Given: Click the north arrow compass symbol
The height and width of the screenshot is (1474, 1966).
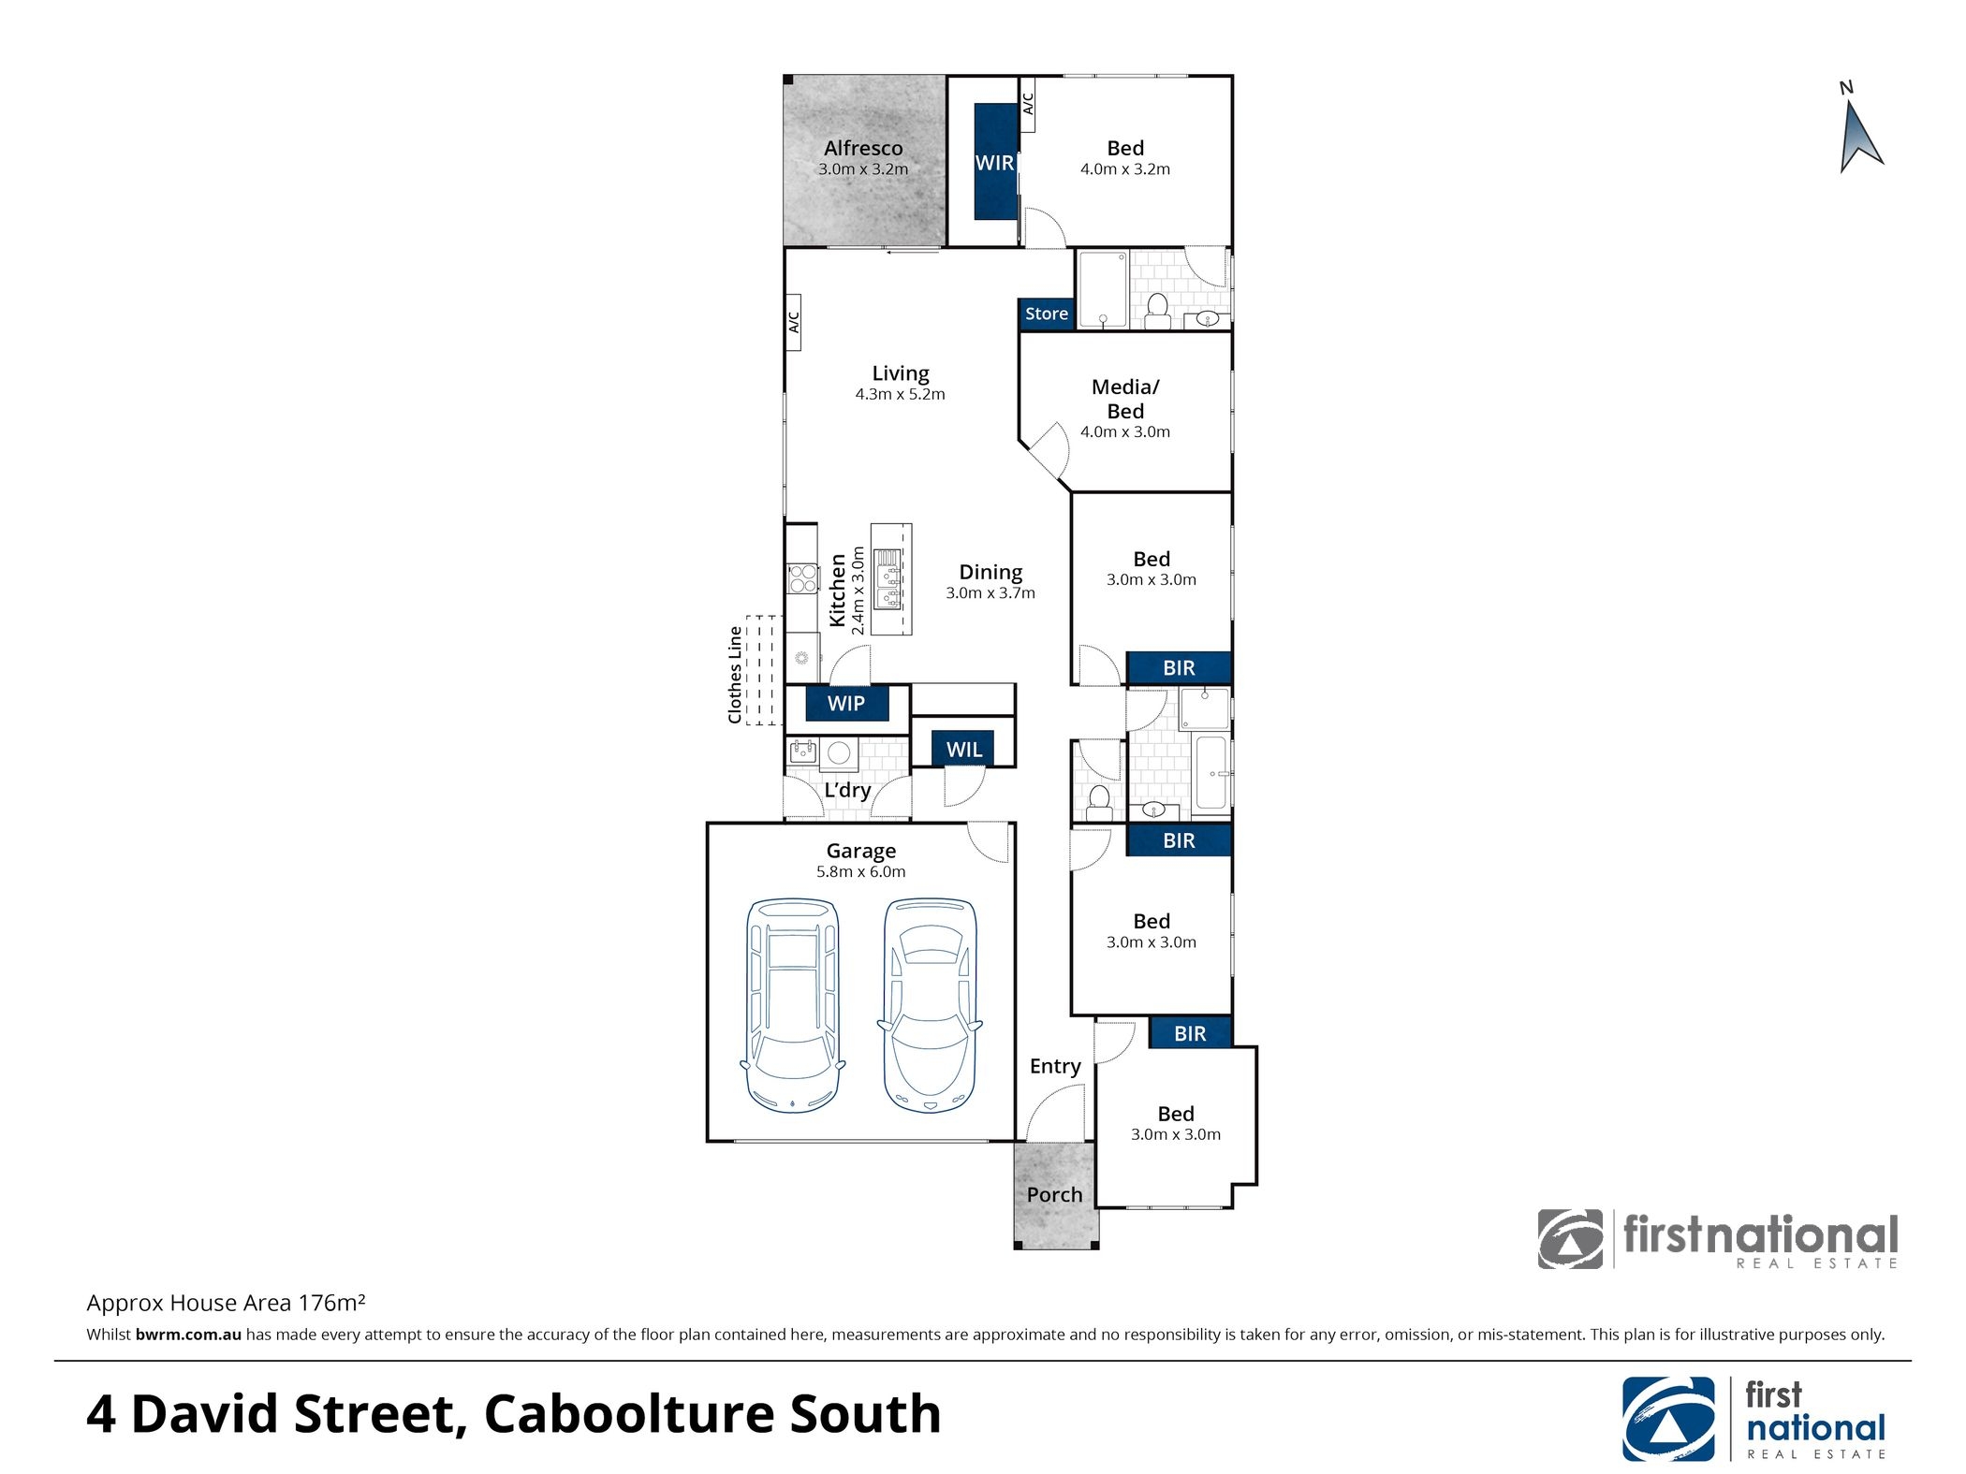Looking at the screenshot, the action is pos(1859,137).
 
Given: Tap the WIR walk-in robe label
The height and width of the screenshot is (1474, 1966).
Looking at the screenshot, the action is pos(994,163).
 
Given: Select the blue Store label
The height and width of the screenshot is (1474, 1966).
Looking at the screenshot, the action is pos(1046,314).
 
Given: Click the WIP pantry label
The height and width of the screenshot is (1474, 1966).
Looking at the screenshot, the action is pos(846,704).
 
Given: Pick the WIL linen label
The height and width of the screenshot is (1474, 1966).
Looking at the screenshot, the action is pos(963,750).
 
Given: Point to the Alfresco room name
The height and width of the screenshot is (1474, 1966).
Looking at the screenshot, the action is pos(863,148).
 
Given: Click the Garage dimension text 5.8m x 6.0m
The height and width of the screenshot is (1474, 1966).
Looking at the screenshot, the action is pos(860,872).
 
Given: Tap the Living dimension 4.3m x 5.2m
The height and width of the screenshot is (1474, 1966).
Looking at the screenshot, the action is pos(900,395).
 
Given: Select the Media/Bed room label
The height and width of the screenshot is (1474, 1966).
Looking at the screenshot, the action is pos(1125,399).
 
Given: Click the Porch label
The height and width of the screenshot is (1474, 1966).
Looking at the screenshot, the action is pos(1054,1195).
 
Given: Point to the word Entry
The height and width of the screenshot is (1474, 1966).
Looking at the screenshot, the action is pos(1055,1067).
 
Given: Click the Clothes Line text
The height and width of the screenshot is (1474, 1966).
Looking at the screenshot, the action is pos(735,675).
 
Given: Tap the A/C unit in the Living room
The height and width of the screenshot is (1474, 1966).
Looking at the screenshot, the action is pos(793,322).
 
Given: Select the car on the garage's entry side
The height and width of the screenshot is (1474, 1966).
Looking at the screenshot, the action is pos(930,1006).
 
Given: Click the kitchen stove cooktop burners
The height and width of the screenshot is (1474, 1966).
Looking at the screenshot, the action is pos(802,578).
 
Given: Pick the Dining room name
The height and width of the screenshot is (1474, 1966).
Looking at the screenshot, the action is pos(990,573).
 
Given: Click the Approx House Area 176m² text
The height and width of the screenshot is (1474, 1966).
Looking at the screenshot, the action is pos(226,1304).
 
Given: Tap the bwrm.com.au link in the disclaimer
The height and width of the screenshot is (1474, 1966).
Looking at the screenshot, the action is pos(188,1335).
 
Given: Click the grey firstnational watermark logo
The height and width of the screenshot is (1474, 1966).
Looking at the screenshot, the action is pos(1718,1240).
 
